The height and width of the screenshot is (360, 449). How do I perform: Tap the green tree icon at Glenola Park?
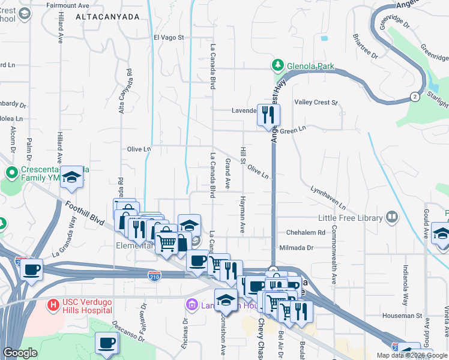click(x=278, y=65)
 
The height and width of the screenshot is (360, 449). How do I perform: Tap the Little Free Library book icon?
click(x=392, y=216)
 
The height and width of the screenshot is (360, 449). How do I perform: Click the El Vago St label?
click(x=169, y=37)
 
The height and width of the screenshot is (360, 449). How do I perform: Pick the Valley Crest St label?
click(x=316, y=103)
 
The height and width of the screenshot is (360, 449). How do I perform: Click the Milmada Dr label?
click(x=297, y=247)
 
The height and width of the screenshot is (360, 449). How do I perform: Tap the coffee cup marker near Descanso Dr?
click(x=107, y=343)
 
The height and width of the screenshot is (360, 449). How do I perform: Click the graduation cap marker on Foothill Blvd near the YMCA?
click(x=71, y=176)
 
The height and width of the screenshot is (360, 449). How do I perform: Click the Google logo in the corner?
click(x=20, y=353)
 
